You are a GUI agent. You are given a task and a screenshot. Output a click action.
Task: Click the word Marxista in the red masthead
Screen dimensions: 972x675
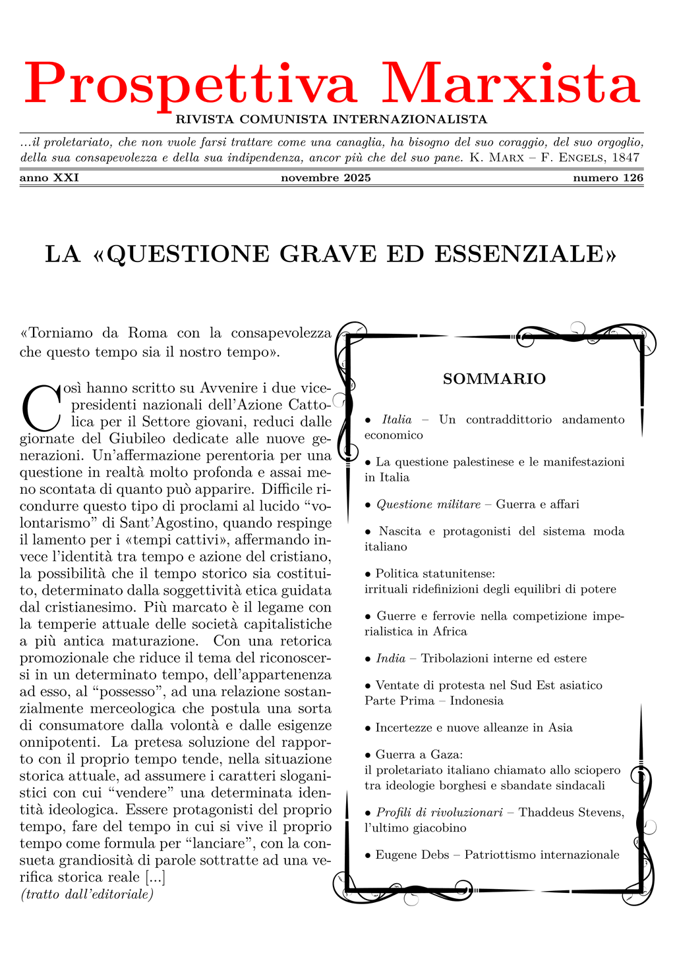pyautogui.click(x=511, y=84)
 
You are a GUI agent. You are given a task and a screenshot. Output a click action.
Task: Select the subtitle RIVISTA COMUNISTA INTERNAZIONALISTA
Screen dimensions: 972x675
pyautogui.click(x=332, y=120)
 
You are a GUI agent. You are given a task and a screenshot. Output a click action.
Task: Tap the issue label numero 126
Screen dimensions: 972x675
pyautogui.click(x=608, y=178)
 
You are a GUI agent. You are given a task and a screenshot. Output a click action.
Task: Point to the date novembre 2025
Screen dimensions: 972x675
pyautogui.click(x=326, y=178)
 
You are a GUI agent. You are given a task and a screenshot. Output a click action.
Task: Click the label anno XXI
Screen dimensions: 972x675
pyautogui.click(x=49, y=178)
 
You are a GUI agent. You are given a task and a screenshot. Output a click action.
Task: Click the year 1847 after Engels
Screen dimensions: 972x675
pyautogui.click(x=626, y=158)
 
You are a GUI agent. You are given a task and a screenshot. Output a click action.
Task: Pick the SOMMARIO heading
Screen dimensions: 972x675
pyautogui.click(x=494, y=379)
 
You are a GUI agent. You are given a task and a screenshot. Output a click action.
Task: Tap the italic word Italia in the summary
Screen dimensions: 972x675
pyautogui.click(x=397, y=419)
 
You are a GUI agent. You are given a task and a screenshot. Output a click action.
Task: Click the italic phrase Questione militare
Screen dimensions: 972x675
pyautogui.click(x=428, y=504)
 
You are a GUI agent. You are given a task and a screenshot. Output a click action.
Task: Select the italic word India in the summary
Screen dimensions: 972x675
pyautogui.click(x=391, y=659)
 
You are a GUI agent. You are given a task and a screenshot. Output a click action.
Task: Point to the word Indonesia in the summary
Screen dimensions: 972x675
pyautogui.click(x=477, y=701)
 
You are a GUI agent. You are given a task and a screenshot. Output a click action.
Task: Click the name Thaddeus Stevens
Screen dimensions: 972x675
pyautogui.click(x=571, y=813)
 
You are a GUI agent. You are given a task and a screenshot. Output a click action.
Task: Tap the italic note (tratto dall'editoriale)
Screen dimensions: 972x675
pyautogui.click(x=87, y=894)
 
